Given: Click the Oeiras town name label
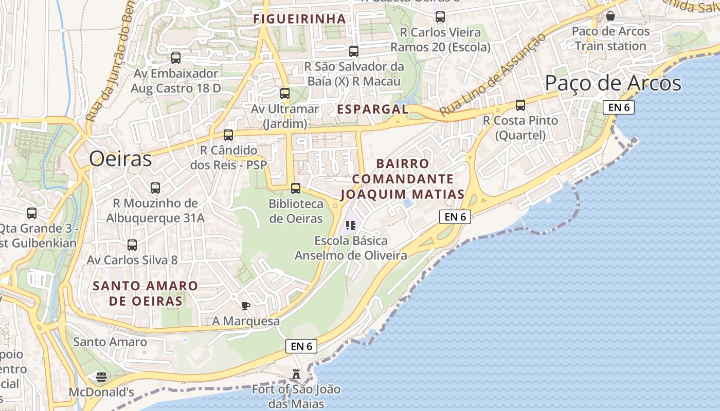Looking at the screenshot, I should click(x=120, y=159).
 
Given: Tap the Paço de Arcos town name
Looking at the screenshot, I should click(x=613, y=83).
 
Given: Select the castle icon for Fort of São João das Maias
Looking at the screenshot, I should click(x=296, y=373).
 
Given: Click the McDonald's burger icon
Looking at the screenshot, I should click(x=101, y=377).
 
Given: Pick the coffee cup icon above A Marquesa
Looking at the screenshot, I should click(x=246, y=306).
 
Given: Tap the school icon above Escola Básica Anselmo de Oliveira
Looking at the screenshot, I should click(x=351, y=225).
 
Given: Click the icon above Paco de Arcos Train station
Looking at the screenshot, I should click(x=610, y=16).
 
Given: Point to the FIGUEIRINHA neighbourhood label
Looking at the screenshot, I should click(x=299, y=19).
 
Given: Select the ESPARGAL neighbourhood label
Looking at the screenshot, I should click(x=372, y=109).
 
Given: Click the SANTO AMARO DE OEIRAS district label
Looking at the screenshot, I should click(x=146, y=293).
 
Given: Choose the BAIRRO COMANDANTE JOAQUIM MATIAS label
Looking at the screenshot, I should click(x=403, y=179).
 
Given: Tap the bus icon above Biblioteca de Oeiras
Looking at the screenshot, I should click(x=296, y=188).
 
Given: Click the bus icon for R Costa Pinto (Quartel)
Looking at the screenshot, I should click(x=520, y=105).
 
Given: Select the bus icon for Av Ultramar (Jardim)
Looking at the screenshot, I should click(x=285, y=93).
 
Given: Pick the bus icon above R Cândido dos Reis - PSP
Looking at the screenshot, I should click(x=228, y=135).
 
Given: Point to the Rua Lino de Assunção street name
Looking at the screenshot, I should click(x=492, y=75).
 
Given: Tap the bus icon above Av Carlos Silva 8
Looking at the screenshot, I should click(x=132, y=245).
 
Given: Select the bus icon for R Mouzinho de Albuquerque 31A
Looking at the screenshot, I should click(x=155, y=188).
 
